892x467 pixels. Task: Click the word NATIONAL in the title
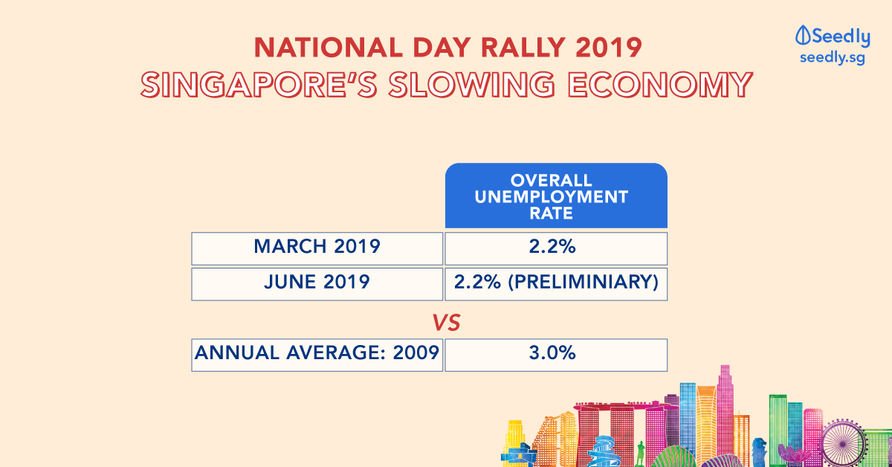[329, 48]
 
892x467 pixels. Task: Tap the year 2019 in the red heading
[609, 48]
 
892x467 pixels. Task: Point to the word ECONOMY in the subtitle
[660, 85]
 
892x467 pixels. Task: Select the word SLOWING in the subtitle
[472, 85]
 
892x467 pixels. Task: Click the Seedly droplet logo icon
[803, 36]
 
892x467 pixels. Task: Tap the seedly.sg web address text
[833, 58]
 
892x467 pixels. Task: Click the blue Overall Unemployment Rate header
[556, 196]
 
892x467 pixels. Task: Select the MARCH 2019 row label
[317, 246]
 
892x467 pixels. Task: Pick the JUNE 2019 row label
[317, 282]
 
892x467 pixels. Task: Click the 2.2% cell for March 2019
[552, 246]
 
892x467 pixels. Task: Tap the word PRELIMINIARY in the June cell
[584, 282]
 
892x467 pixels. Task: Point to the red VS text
[447, 323]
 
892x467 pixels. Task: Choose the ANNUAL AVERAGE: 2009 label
[317, 352]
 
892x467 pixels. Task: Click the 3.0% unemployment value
[552, 352]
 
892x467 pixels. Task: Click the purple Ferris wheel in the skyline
[843, 443]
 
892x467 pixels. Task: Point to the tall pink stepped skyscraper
[725, 410]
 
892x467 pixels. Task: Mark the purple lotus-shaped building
[793, 454]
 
